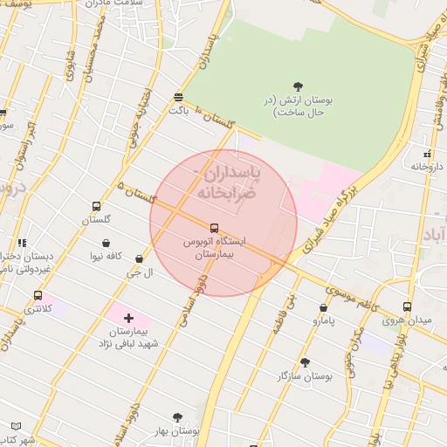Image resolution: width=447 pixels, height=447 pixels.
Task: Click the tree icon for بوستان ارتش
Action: tap(299, 86)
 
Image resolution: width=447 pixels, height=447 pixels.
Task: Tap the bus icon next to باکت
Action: tap(178, 97)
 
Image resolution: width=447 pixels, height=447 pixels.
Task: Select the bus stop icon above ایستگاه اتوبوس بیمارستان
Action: tap(215, 227)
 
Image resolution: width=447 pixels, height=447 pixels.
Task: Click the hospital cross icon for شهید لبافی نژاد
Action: tap(129, 319)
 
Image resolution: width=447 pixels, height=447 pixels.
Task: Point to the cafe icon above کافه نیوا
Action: tap(107, 243)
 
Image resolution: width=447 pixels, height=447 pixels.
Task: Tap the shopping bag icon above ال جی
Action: tap(140, 258)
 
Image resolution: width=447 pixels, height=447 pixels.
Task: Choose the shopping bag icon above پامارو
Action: tap(323, 307)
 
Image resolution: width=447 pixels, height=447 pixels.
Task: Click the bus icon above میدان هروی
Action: tap(407, 306)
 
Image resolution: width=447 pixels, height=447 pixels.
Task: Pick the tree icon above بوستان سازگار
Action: tap(305, 361)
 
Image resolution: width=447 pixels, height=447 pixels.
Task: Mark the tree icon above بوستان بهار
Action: tap(178, 417)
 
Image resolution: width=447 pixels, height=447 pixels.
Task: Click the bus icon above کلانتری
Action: tap(38, 295)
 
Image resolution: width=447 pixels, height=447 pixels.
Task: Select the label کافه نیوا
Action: tap(107, 257)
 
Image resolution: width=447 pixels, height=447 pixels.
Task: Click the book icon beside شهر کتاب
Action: tap(16, 426)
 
